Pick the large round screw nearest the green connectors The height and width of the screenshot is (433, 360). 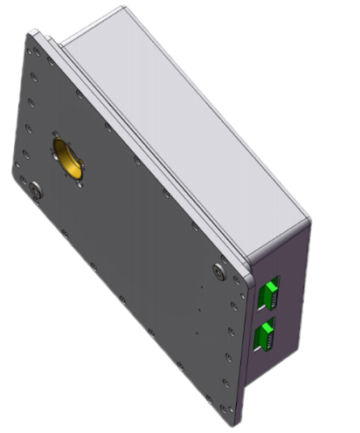pyautogui.click(x=218, y=273)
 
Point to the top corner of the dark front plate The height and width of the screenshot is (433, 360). pyautogui.click(x=33, y=33)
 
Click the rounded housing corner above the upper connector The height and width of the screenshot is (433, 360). pyautogui.click(x=301, y=223)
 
